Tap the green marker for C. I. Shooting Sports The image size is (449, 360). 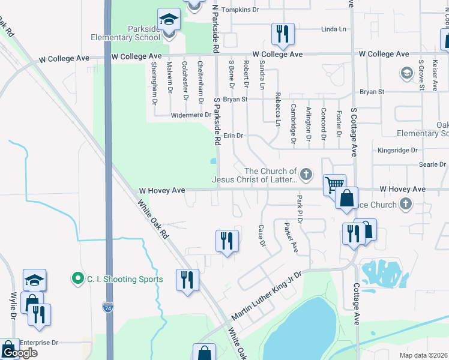pos(77,278)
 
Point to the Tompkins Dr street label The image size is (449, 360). pos(240,10)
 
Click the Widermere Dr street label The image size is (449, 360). pos(191,115)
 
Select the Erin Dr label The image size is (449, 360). pos(233,136)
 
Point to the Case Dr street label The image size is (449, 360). pos(261,235)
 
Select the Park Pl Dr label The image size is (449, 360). pos(298,209)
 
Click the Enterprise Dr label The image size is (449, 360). pos(38,343)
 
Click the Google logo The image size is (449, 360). pos(19,353)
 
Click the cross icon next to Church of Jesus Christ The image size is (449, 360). pos(306,175)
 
